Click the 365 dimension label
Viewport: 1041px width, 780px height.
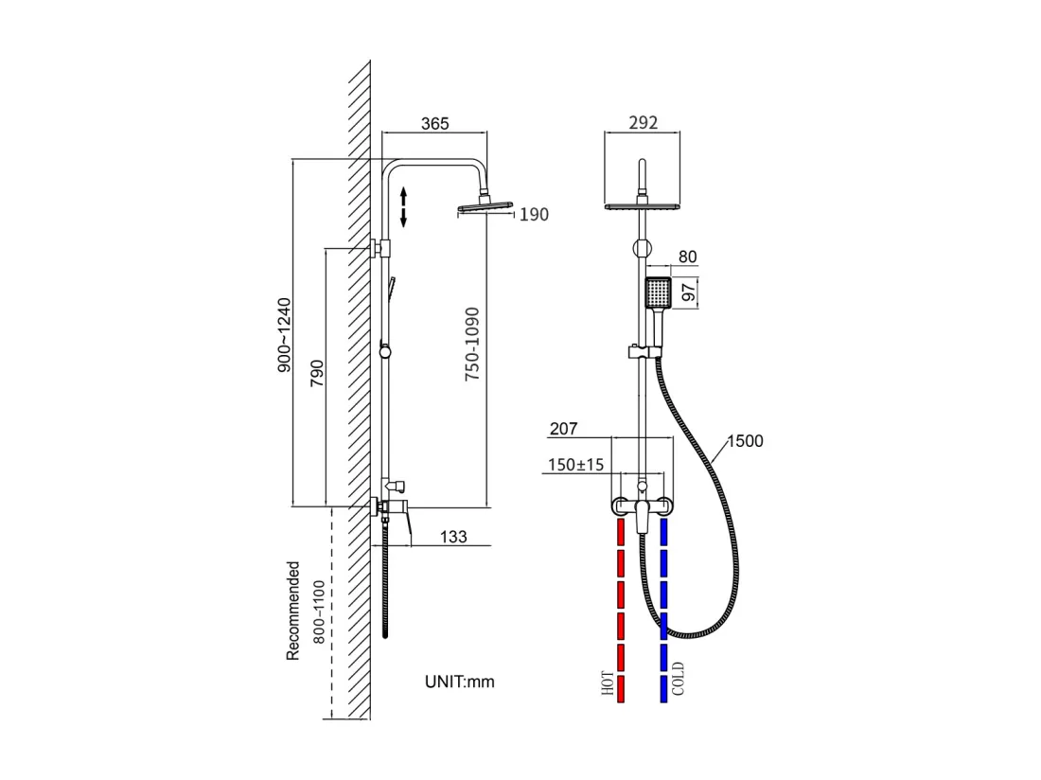(435, 123)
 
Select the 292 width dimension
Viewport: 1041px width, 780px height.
(643, 122)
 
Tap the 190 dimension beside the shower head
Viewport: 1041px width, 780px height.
(534, 215)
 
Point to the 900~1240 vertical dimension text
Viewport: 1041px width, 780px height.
(284, 335)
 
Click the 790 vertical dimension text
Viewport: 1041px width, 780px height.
(317, 373)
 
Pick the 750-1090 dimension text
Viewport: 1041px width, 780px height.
(471, 344)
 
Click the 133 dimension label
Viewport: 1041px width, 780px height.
(453, 537)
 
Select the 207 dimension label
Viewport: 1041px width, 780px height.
(564, 429)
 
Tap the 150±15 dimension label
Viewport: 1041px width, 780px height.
(576, 465)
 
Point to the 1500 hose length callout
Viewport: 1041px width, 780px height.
(746, 441)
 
